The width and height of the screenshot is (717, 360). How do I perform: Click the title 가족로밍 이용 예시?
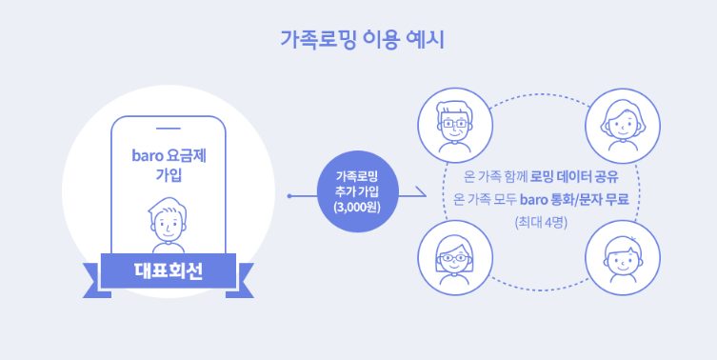point(362,40)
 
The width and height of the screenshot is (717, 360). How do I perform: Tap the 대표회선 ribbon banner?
point(169,270)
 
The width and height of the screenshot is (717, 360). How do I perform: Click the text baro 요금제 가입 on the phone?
point(169,165)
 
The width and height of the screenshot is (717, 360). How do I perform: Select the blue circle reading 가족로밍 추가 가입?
point(358,191)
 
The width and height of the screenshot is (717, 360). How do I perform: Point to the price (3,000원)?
point(358,207)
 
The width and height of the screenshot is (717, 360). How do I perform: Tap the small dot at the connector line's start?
point(289,196)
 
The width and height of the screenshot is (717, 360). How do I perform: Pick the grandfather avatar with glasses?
point(455,126)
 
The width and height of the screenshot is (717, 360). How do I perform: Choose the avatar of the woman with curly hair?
point(623,126)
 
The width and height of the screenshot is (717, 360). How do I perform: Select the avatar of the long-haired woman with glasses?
point(455,257)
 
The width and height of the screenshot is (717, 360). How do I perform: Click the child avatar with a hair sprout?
point(623,257)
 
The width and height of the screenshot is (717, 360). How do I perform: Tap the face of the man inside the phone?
point(168,221)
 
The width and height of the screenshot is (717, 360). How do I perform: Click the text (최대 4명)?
point(541,223)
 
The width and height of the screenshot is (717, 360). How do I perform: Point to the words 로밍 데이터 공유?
point(574,176)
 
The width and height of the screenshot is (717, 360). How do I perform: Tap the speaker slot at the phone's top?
point(169,129)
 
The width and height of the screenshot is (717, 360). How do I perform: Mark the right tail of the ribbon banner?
point(241,281)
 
